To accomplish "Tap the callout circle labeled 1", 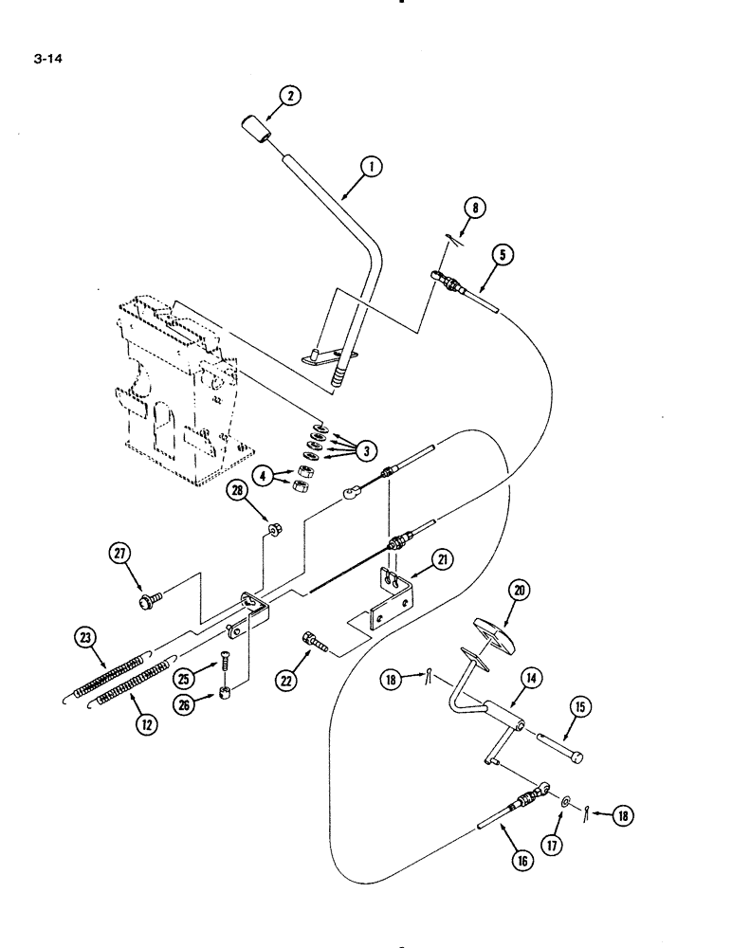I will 372,168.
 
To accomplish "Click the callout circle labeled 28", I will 238,490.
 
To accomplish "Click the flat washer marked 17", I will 565,803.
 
